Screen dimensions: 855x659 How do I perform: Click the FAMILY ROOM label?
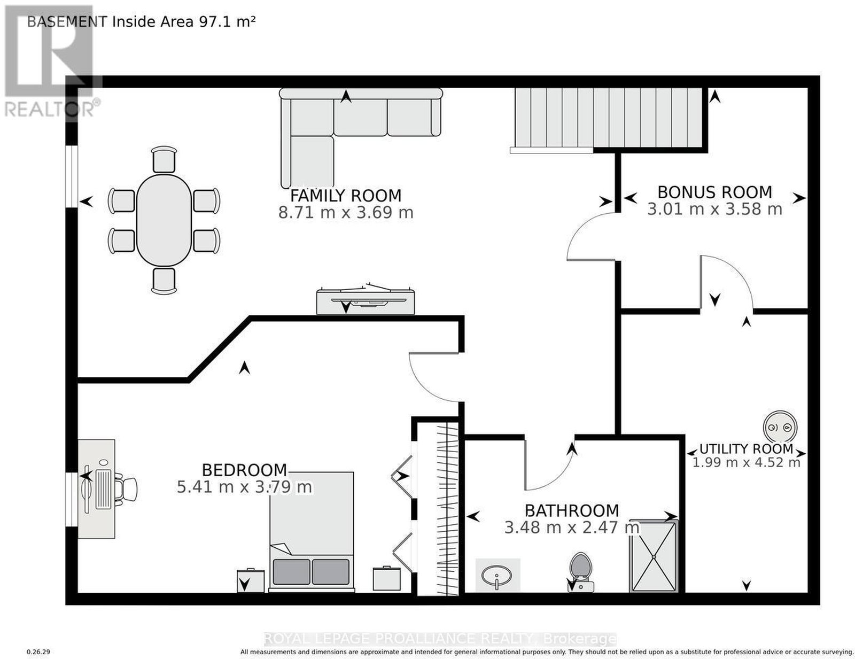pos(345,196)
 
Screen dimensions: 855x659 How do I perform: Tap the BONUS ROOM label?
pos(714,192)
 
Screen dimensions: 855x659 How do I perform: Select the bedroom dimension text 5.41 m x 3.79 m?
pos(244,487)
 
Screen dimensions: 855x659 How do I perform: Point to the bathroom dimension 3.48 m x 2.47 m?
pos(572,527)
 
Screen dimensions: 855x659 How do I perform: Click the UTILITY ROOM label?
pos(746,448)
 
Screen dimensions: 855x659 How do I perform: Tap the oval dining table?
pos(164,220)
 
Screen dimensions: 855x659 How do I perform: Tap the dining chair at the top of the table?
pos(164,159)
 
